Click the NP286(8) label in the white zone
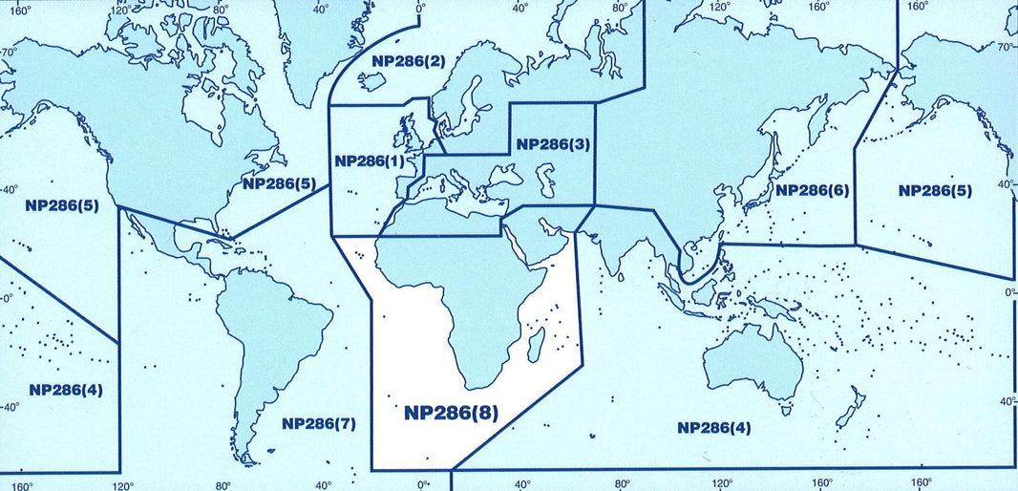(x=452, y=413)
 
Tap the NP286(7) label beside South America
(x=319, y=423)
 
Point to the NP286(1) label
(x=370, y=160)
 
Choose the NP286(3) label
(x=553, y=144)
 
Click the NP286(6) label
(x=812, y=190)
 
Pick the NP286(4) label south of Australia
(x=714, y=427)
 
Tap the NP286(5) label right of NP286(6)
(x=935, y=190)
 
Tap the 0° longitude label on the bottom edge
(x=423, y=484)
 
